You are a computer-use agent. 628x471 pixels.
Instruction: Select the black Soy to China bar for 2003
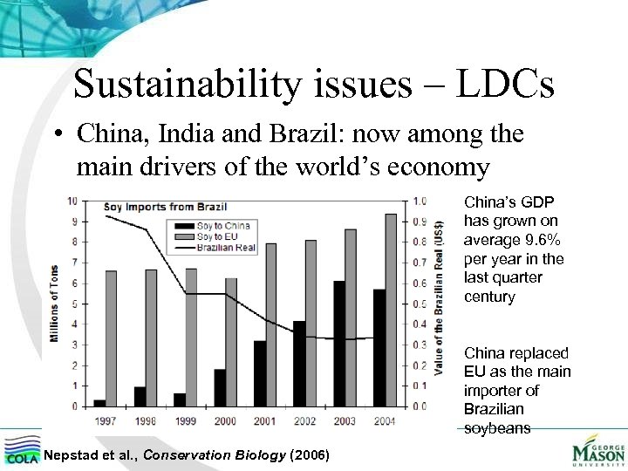tap(338, 344)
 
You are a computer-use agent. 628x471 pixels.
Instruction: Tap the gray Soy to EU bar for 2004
tap(391, 310)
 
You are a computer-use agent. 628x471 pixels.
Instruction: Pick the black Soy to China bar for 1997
tap(99, 403)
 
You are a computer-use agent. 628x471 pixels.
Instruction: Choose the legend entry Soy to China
tap(224, 226)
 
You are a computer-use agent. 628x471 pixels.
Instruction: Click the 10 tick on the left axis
tap(73, 201)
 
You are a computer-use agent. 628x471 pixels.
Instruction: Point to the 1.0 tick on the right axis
tap(420, 201)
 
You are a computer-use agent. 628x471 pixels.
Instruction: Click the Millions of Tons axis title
tap(55, 304)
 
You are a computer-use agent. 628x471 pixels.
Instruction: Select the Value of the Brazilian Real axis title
tap(441, 303)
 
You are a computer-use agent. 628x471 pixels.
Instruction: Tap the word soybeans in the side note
tap(496, 427)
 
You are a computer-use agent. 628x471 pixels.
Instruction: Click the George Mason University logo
tap(597, 453)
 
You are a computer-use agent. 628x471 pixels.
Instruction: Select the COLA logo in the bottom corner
tap(21, 451)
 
